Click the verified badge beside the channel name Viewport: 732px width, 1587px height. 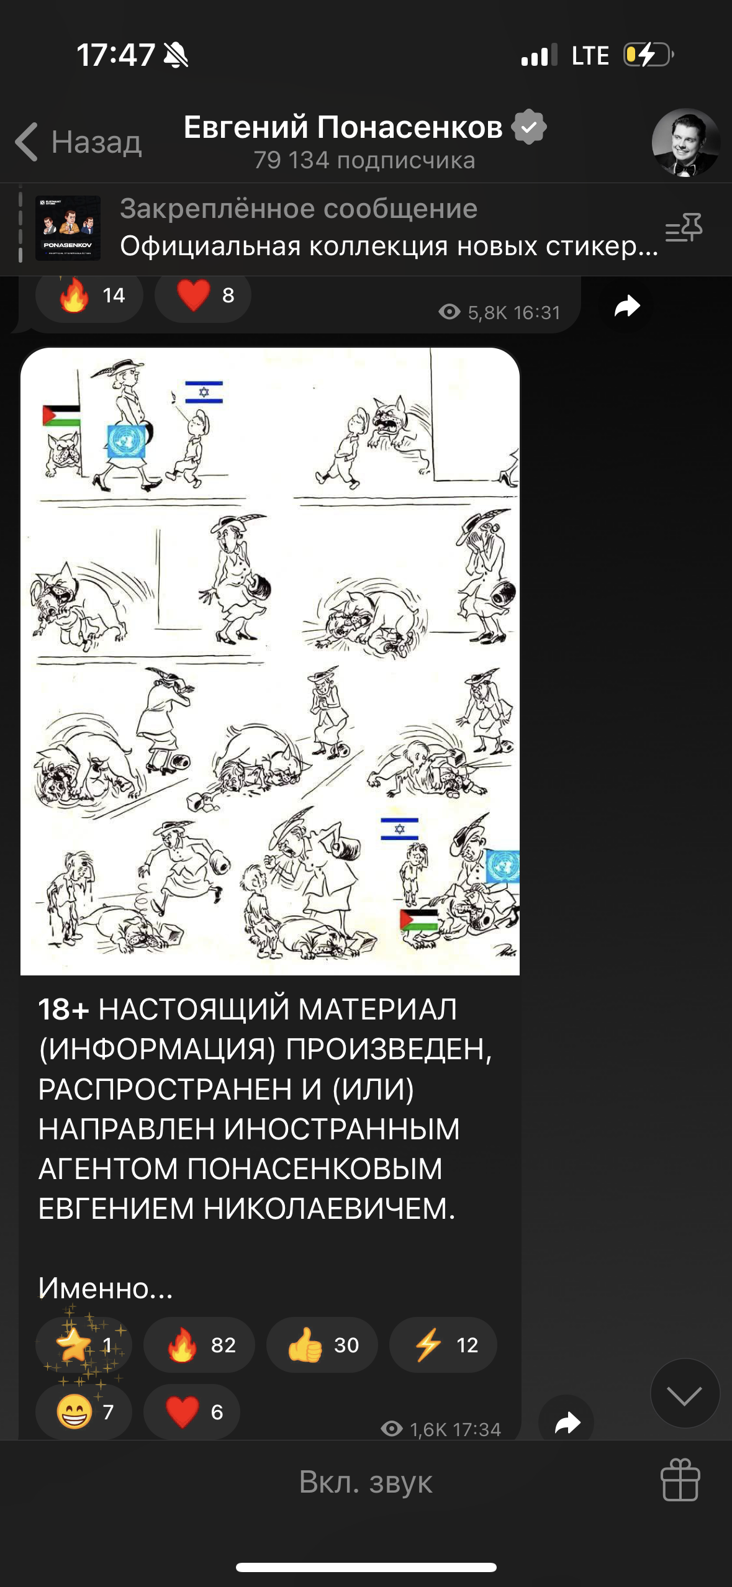pos(529,127)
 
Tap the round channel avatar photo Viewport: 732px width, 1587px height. pos(685,143)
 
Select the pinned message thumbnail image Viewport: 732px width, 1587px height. pos(68,228)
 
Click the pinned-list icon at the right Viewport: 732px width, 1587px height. pos(684,227)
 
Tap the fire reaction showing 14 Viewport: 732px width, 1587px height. pos(89,295)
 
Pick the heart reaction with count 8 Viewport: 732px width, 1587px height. pos(203,295)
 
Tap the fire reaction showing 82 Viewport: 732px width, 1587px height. pos(199,1344)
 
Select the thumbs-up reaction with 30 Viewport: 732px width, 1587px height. pos(322,1344)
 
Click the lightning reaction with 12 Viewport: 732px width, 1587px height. pos(443,1344)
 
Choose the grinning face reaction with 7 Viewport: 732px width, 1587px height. pos(84,1411)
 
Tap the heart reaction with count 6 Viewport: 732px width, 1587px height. pos(192,1411)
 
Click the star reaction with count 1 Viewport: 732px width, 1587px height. pos(84,1344)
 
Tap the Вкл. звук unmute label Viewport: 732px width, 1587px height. pos(366,1482)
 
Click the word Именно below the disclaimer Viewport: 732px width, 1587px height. pos(93,1288)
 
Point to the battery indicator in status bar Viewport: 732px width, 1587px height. pos(649,55)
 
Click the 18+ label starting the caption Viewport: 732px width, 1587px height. pos(64,1009)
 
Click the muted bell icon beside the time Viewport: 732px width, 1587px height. pos(176,55)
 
